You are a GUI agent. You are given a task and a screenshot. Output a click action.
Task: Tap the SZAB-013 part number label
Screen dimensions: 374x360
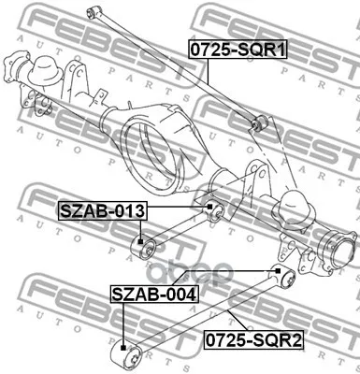click(x=102, y=211)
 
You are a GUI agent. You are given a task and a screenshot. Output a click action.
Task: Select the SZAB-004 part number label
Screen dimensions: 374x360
click(x=154, y=295)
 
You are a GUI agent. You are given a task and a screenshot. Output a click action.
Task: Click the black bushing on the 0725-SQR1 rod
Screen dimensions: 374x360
click(x=261, y=122)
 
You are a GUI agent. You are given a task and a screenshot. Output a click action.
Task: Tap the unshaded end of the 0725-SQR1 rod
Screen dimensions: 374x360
click(x=93, y=11)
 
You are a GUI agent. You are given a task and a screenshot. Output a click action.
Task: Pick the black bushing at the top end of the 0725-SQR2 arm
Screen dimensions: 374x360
click(x=283, y=276)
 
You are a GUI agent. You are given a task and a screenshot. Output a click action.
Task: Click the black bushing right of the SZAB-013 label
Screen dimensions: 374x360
click(x=213, y=209)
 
